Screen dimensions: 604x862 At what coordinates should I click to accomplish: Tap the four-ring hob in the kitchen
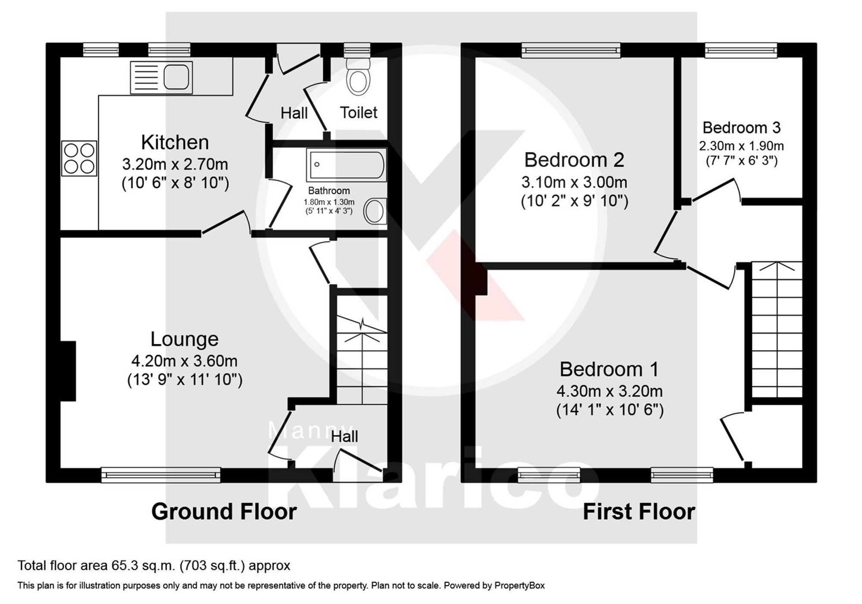pos(79,158)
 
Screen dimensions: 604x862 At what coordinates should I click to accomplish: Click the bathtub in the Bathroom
pos(347,164)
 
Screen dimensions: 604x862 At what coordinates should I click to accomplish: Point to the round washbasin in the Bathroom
pos(375,211)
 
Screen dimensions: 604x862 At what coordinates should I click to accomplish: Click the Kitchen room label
pos(175,142)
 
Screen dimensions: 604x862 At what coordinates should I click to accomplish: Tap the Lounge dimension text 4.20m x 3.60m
pos(184,361)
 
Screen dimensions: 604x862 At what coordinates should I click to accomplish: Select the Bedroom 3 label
pos(741,128)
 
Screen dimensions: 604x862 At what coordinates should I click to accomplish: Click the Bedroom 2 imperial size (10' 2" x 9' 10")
pos(574,201)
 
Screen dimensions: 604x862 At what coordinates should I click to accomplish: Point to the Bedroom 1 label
pos(609,369)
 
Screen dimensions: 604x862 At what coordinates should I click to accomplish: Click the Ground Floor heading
pos(224,512)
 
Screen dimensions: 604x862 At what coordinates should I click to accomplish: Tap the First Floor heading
pos(639,512)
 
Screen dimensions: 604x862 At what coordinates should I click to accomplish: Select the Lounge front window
pos(161,475)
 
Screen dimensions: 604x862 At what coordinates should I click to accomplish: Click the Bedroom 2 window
pos(571,50)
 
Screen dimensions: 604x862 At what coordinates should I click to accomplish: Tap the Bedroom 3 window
pos(741,50)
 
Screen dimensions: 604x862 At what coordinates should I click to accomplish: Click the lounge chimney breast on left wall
pos(68,371)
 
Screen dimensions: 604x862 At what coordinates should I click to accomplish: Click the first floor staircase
pos(777,330)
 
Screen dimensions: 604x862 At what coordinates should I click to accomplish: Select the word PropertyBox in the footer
pos(519,585)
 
